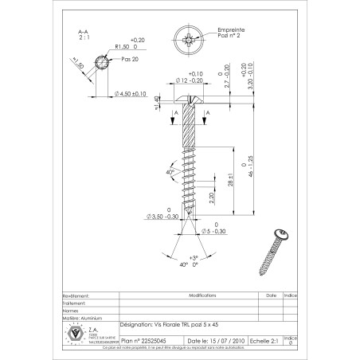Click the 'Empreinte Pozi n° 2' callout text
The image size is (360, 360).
click(233, 31)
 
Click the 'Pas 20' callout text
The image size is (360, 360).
click(128, 59)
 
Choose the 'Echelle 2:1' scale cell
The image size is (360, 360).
click(264, 338)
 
